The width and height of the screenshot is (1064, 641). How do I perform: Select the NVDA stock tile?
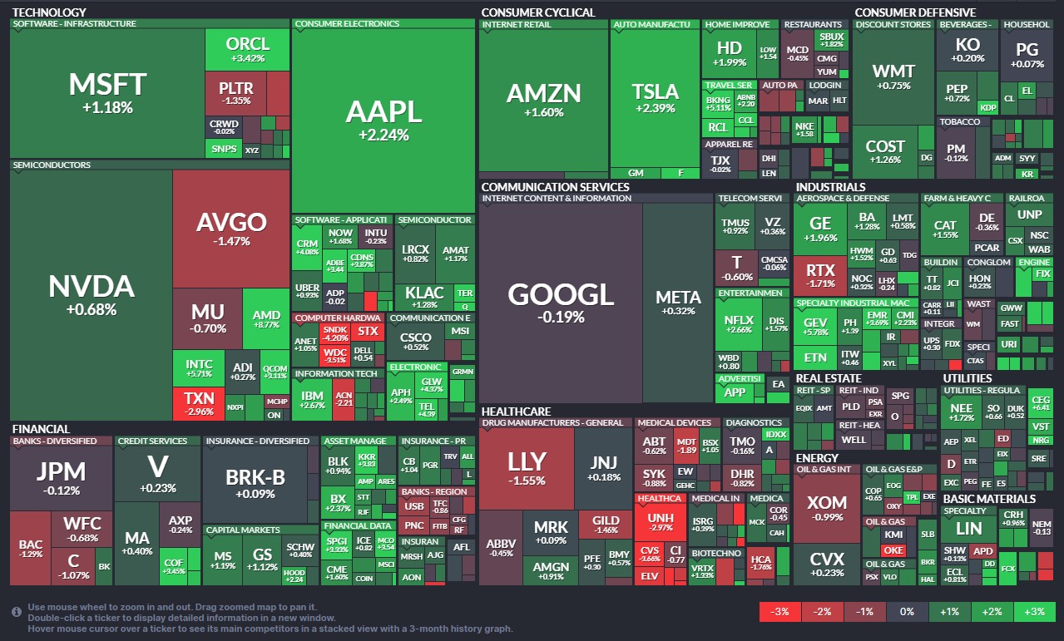click(91, 294)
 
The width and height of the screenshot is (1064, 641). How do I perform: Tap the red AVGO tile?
click(230, 229)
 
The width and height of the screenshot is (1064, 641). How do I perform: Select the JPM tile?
click(61, 478)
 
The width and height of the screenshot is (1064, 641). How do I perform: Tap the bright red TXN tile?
click(199, 403)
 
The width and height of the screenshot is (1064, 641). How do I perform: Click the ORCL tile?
click(247, 49)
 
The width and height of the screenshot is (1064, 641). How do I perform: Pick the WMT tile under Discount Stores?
click(893, 76)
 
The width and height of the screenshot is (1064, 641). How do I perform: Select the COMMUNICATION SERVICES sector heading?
click(555, 187)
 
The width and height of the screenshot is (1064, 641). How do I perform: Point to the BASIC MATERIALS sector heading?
click(989, 499)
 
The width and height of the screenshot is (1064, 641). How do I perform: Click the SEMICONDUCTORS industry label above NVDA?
click(52, 165)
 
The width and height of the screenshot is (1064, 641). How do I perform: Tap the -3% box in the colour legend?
click(779, 612)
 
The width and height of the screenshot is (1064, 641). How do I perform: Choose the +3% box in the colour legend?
click(1034, 612)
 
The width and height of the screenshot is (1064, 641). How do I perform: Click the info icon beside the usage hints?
click(17, 612)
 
